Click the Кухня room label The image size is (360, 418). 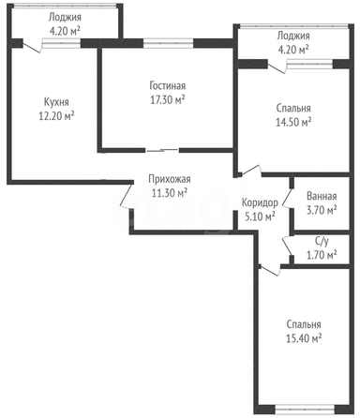[56, 102]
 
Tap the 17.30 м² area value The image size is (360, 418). [168, 100]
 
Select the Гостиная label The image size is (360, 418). [168, 85]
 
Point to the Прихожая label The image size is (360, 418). [170, 179]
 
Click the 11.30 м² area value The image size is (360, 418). [170, 193]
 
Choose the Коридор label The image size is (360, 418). [260, 202]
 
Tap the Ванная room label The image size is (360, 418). [322, 196]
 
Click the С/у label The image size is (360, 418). [322, 241]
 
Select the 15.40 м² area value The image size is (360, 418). [304, 338]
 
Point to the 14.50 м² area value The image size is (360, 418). [293, 122]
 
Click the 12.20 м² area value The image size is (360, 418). [56, 116]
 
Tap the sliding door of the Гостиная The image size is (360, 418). [162, 151]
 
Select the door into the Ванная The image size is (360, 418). [288, 198]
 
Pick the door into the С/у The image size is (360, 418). [288, 246]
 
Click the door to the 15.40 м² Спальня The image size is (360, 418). [269, 271]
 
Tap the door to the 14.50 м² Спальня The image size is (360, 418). [251, 171]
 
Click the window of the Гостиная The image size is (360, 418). [169, 43]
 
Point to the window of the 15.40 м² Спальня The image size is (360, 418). [305, 410]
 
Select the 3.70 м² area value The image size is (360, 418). [322, 210]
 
